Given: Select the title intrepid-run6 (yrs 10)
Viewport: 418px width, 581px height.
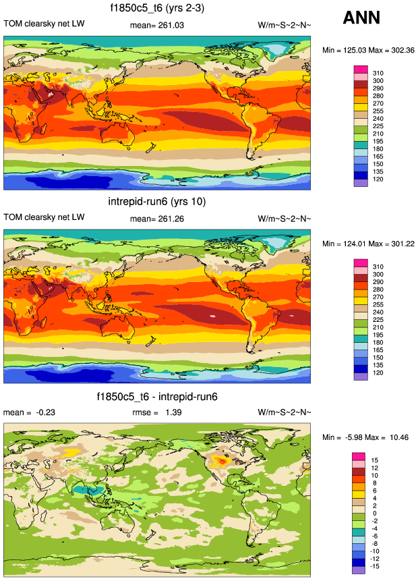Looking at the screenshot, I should tap(156, 202).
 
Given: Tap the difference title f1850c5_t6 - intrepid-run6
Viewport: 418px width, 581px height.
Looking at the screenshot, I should tap(156, 396).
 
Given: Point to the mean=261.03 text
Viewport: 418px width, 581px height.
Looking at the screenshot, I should tap(156, 25).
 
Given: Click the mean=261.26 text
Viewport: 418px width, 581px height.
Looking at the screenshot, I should tap(156, 219).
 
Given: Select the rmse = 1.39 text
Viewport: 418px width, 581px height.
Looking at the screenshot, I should tap(156, 412).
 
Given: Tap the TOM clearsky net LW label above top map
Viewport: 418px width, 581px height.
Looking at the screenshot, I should tap(44, 25).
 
